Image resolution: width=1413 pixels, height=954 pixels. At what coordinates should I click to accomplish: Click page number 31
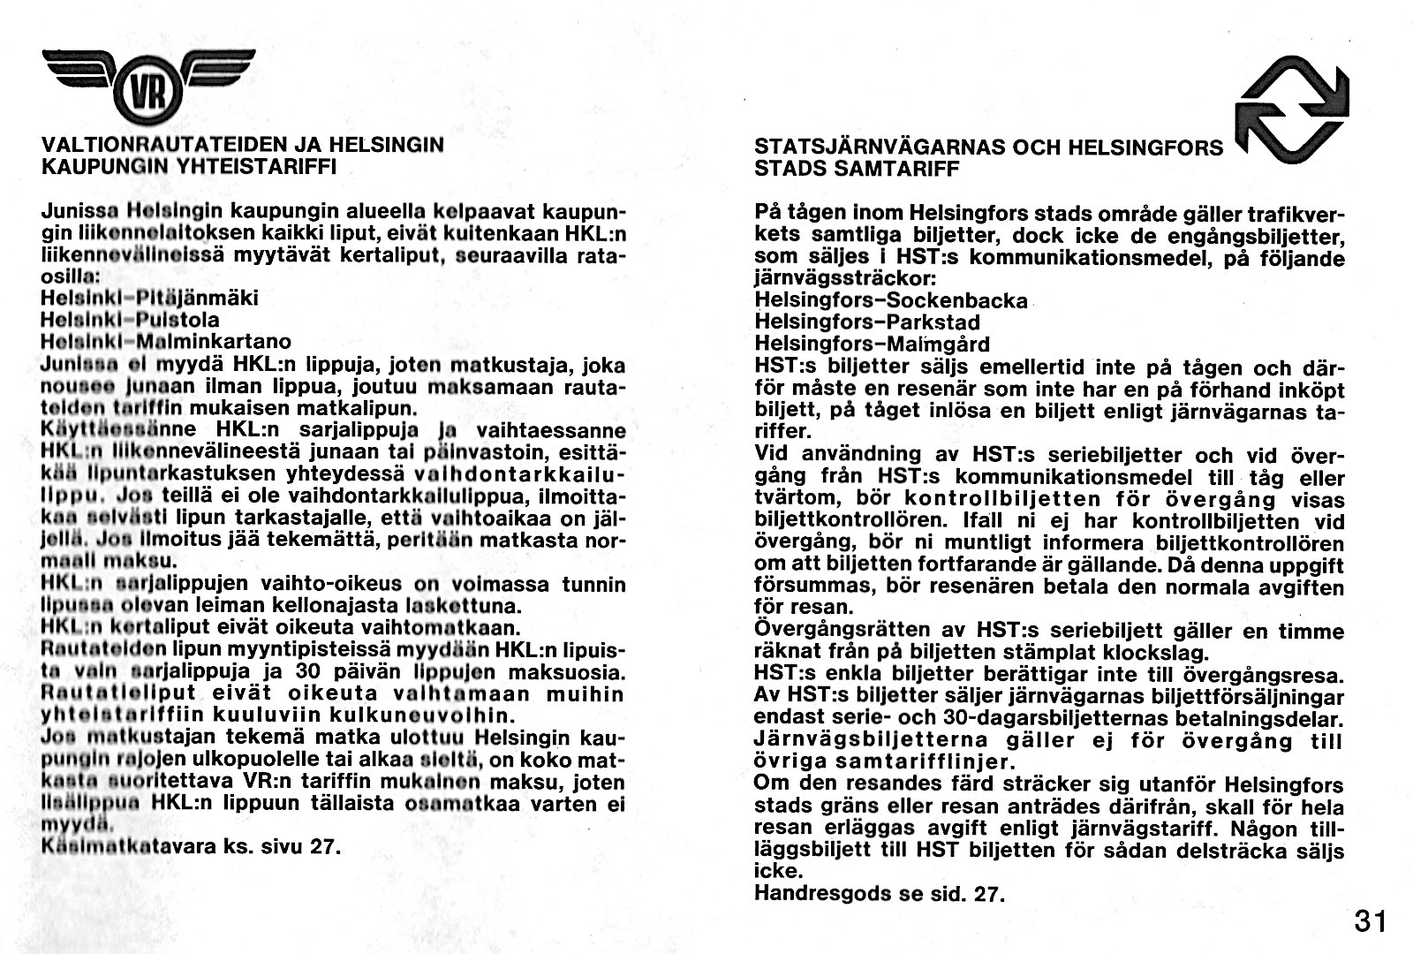pos(1370,921)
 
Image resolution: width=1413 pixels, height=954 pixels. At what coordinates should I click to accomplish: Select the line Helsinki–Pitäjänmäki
pos(149,299)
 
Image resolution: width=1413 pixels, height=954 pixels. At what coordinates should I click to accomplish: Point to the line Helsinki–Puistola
pos(130,320)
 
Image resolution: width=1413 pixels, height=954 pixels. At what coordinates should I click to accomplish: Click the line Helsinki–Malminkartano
pos(166,341)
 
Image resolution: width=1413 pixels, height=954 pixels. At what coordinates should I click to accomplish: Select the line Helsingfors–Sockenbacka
pos(891,300)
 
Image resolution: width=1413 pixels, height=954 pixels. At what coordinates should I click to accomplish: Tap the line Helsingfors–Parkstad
pos(867,322)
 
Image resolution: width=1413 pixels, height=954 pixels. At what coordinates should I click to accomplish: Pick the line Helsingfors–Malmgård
pos(872,344)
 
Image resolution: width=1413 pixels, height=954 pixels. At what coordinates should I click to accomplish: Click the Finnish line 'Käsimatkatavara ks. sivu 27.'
pos(191,846)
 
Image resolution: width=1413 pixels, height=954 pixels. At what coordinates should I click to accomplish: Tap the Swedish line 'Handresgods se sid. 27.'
pos(880,893)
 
